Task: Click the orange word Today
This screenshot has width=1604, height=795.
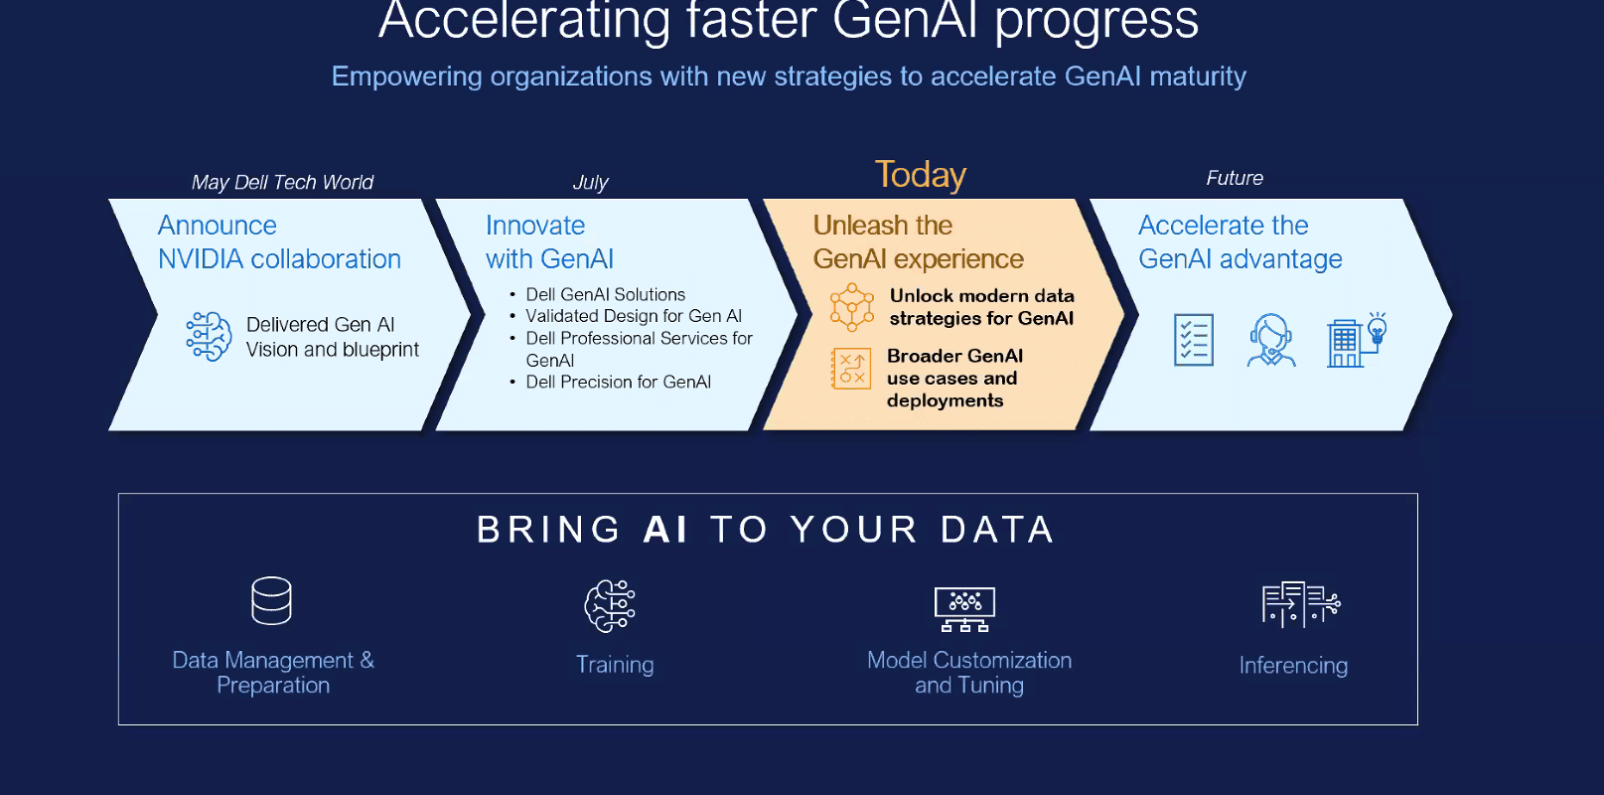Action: pos(920,176)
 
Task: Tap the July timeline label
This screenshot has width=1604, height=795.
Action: pos(590,183)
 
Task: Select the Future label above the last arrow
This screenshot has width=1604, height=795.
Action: pos(1235,178)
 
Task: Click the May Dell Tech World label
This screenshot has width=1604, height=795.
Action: pos(282,183)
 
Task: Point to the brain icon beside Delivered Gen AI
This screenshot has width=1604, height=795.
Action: pos(210,336)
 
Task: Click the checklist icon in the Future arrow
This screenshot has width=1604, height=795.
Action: pos(1194,340)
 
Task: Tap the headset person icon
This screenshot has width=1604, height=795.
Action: pos(1271,340)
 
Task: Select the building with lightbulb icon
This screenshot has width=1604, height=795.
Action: pos(1357,340)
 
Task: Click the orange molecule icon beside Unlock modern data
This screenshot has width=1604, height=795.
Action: pos(851,306)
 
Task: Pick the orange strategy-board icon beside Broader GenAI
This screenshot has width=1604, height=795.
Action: pos(851,369)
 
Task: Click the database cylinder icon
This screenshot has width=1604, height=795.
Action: pos(271,600)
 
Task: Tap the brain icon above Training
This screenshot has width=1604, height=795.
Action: pos(610,606)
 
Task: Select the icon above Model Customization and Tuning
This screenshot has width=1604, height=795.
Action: pos(964,609)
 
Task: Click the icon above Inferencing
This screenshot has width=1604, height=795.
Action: pos(1301,604)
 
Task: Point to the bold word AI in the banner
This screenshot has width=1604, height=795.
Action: pos(664,530)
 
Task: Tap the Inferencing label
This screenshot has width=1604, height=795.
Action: pos(1293,666)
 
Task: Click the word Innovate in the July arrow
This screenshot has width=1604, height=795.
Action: pos(535,226)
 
